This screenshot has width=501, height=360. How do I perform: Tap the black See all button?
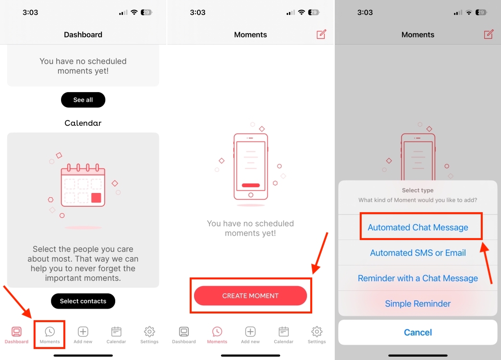point(83,100)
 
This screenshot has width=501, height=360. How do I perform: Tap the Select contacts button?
point(83,301)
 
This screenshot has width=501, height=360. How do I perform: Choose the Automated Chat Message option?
point(418,228)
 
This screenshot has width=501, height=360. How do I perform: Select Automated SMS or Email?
point(418,253)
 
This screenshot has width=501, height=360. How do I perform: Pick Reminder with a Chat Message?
point(418,278)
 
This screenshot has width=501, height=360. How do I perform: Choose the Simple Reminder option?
point(418,304)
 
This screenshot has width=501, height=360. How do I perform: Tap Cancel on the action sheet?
point(418,332)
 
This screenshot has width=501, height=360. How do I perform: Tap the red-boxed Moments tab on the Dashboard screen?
point(50,335)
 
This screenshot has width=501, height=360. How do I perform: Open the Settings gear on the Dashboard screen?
point(149,335)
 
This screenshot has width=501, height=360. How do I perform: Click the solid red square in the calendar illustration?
point(96,198)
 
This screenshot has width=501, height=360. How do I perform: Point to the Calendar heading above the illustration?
point(83,123)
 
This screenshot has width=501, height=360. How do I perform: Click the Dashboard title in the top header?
point(83,35)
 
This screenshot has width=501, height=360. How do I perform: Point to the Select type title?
point(418,191)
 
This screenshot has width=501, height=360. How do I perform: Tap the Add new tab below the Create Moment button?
point(250,335)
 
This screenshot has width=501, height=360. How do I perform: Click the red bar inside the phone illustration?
point(251,185)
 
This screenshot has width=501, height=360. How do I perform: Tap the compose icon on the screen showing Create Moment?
point(321,34)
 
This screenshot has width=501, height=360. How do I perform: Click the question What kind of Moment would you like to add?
point(418,200)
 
